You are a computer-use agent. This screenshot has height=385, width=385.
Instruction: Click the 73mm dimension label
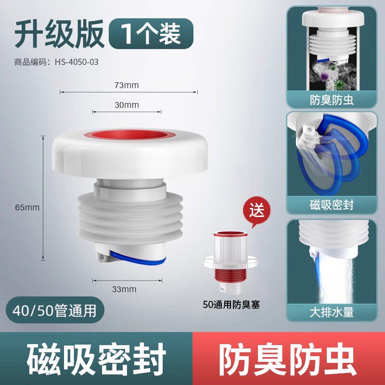pos(127,85)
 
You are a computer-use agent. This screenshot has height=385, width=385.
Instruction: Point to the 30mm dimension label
pos(127,105)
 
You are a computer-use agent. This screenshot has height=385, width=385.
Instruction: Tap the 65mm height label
pos(27,207)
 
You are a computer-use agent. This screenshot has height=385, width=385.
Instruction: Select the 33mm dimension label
pos(124,289)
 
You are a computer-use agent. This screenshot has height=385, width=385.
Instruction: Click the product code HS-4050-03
pos(77,62)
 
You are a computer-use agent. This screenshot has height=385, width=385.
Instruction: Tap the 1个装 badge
pos(151,34)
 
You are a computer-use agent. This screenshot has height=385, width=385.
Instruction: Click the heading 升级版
pos(59,34)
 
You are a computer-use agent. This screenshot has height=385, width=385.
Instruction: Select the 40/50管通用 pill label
pos(55,310)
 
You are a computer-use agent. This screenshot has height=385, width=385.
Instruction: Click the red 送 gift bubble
pos(257,210)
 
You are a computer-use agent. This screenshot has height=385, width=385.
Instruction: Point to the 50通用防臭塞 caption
pos(231,305)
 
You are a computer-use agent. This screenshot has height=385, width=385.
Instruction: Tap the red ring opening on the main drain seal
pos(129,136)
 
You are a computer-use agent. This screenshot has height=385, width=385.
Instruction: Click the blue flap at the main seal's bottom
pos(138,258)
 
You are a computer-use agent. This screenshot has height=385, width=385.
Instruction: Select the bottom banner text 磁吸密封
pos(96,359)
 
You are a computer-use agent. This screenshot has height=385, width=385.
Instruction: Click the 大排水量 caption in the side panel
pos(332,312)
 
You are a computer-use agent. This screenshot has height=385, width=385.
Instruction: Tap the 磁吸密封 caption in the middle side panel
pos(332,205)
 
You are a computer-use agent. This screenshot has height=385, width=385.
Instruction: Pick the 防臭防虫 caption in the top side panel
pos(332,100)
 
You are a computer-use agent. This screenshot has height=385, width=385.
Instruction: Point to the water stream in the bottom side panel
pos(336,280)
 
